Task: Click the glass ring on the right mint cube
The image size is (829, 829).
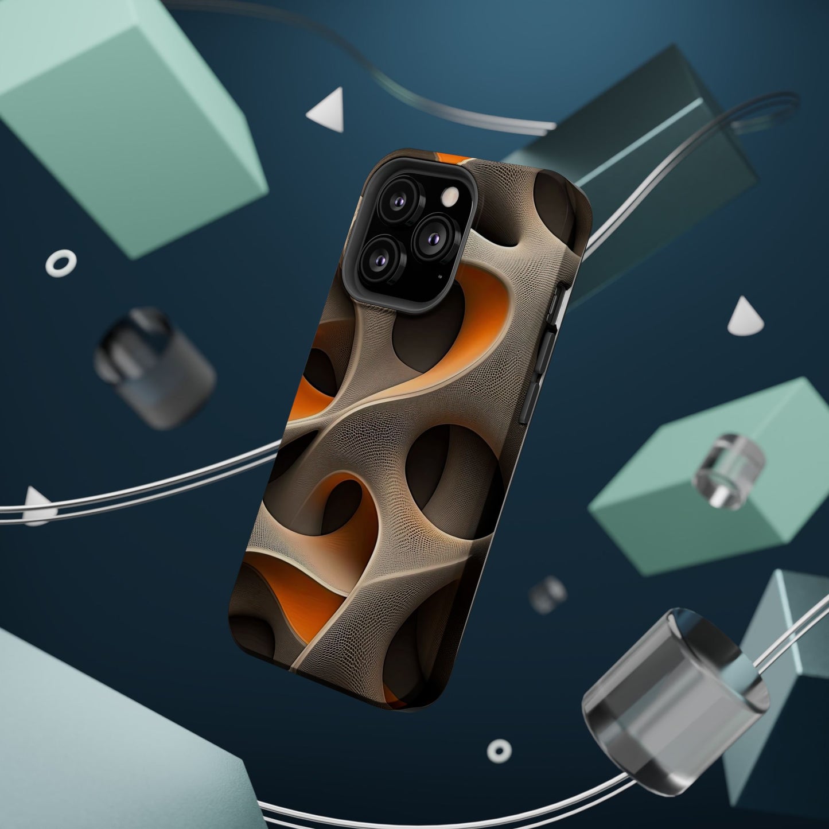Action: point(729,470)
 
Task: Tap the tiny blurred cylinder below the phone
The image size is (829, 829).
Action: point(548,594)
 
